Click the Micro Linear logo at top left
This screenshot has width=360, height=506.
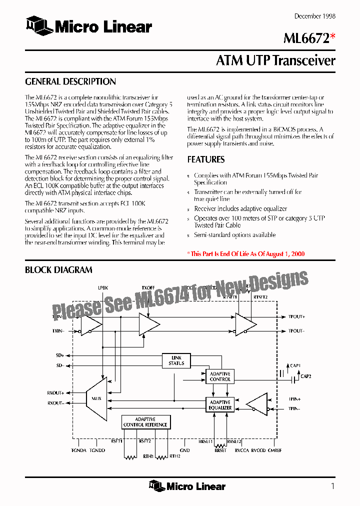[89, 26]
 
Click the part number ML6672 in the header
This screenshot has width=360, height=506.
[306, 38]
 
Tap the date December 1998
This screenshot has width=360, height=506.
[314, 16]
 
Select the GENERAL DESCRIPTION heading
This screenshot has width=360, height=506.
[70, 81]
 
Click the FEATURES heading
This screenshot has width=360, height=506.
[206, 159]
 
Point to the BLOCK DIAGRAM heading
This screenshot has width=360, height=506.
[58, 270]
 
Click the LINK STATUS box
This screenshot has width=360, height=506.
[176, 360]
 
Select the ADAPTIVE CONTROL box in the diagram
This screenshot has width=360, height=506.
[220, 376]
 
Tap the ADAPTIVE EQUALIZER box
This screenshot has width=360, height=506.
[220, 405]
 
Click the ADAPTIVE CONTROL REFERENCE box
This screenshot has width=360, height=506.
[145, 422]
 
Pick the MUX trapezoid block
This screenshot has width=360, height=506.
[96, 398]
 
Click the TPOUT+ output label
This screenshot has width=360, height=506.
[296, 316]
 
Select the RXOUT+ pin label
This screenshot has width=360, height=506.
[55, 393]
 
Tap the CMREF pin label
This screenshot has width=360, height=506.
[274, 450]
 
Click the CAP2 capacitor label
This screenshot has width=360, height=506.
[305, 376]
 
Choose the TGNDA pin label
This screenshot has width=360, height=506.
[79, 450]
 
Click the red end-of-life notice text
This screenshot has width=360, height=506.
[246, 253]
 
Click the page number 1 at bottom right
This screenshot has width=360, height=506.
[332, 486]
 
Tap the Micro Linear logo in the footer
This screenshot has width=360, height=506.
[187, 486]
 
